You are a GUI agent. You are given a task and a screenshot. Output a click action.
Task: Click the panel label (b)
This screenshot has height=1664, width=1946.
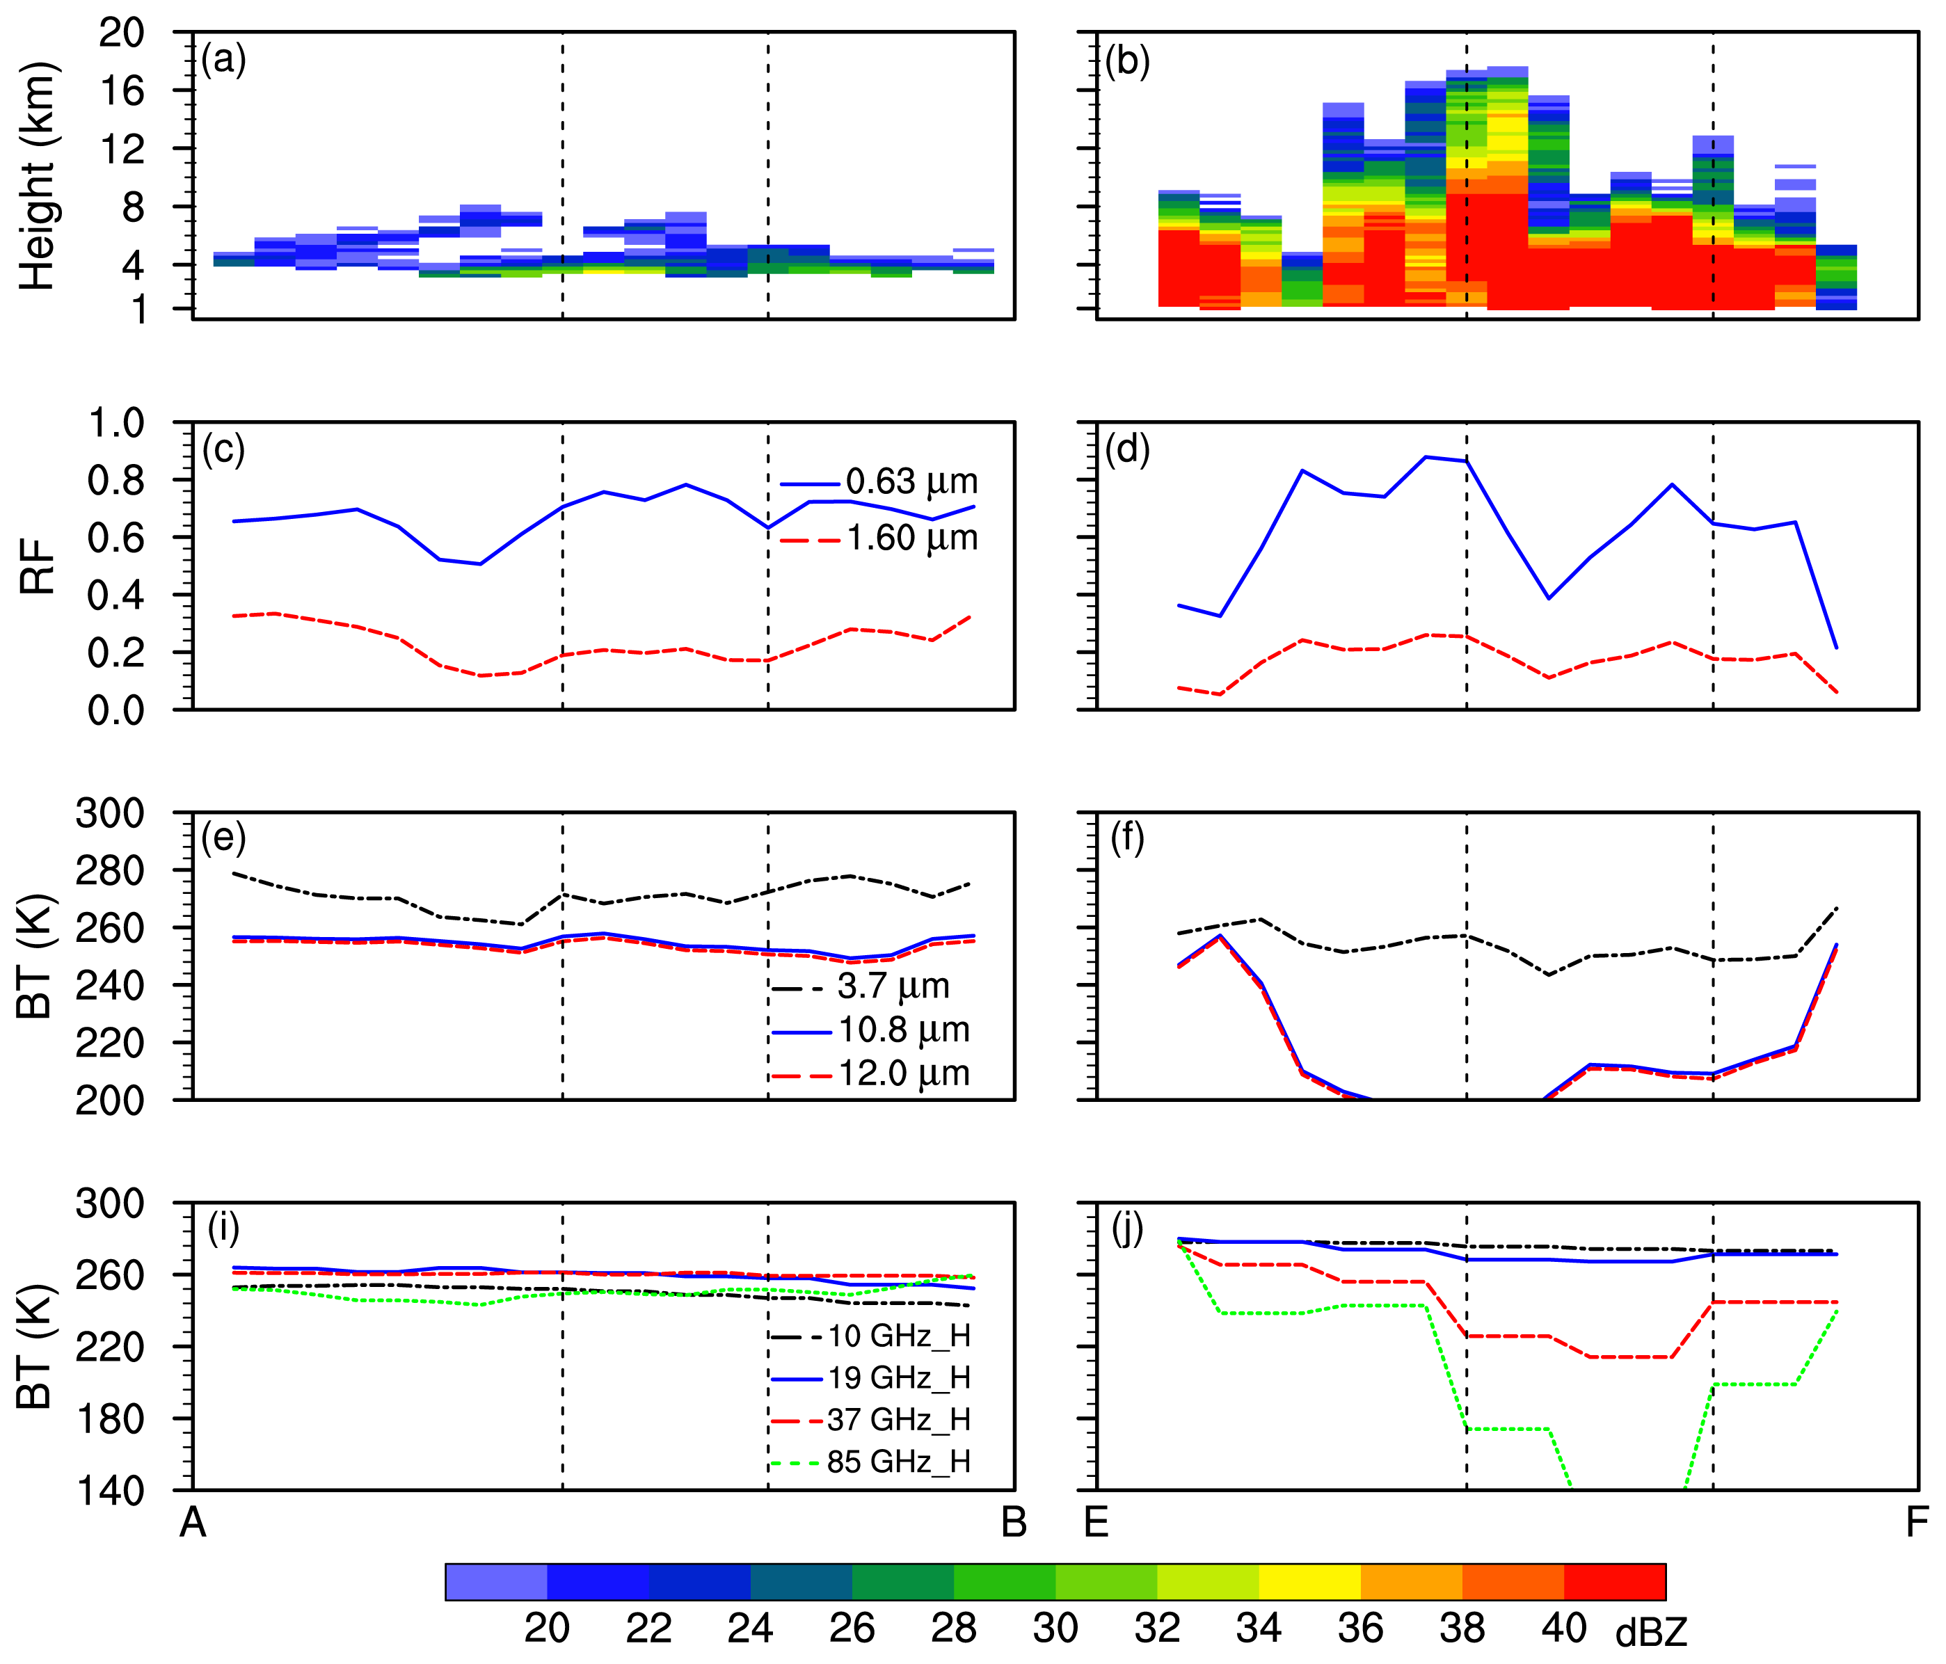point(1127,61)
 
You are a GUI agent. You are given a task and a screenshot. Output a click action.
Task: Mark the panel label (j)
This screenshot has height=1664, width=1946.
point(1127,1229)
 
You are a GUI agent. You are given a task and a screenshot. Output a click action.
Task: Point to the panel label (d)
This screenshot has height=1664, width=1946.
point(1127,450)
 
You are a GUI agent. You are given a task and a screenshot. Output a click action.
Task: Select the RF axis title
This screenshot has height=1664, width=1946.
point(38,567)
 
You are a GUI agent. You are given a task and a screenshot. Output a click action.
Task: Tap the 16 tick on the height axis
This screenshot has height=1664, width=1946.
point(121,91)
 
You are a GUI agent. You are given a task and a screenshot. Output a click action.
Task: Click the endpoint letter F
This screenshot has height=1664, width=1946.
point(1917,1522)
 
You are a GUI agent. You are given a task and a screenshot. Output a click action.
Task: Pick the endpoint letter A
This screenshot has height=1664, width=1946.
point(193,1522)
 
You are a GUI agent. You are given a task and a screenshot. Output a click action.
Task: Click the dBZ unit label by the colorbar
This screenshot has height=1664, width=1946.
point(1651,1634)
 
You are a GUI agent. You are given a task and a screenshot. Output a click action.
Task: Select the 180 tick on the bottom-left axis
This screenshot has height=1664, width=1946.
point(110,1419)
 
